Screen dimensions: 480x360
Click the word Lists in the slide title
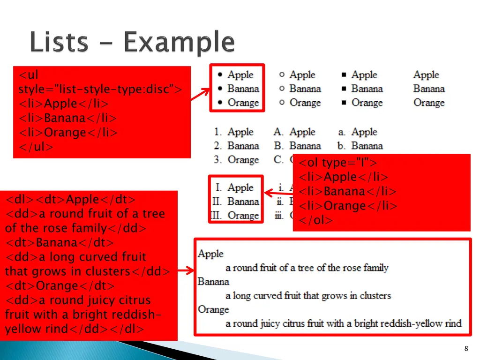coord(58,43)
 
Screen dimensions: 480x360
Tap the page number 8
coord(466,348)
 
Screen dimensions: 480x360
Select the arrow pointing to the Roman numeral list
coord(278,193)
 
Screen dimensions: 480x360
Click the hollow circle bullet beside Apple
coord(282,75)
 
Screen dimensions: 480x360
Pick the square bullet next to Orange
coord(344,103)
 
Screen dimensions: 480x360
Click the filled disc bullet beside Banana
coord(220,89)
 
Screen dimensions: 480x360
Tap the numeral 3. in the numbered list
coord(218,160)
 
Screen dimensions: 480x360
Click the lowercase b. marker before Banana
coord(341,146)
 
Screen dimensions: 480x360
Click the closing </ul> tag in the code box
coord(36,147)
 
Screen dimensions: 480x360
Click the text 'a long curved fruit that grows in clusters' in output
coord(308,296)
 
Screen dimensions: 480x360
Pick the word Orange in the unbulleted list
coord(429,103)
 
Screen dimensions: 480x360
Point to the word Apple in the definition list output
coord(210,254)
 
